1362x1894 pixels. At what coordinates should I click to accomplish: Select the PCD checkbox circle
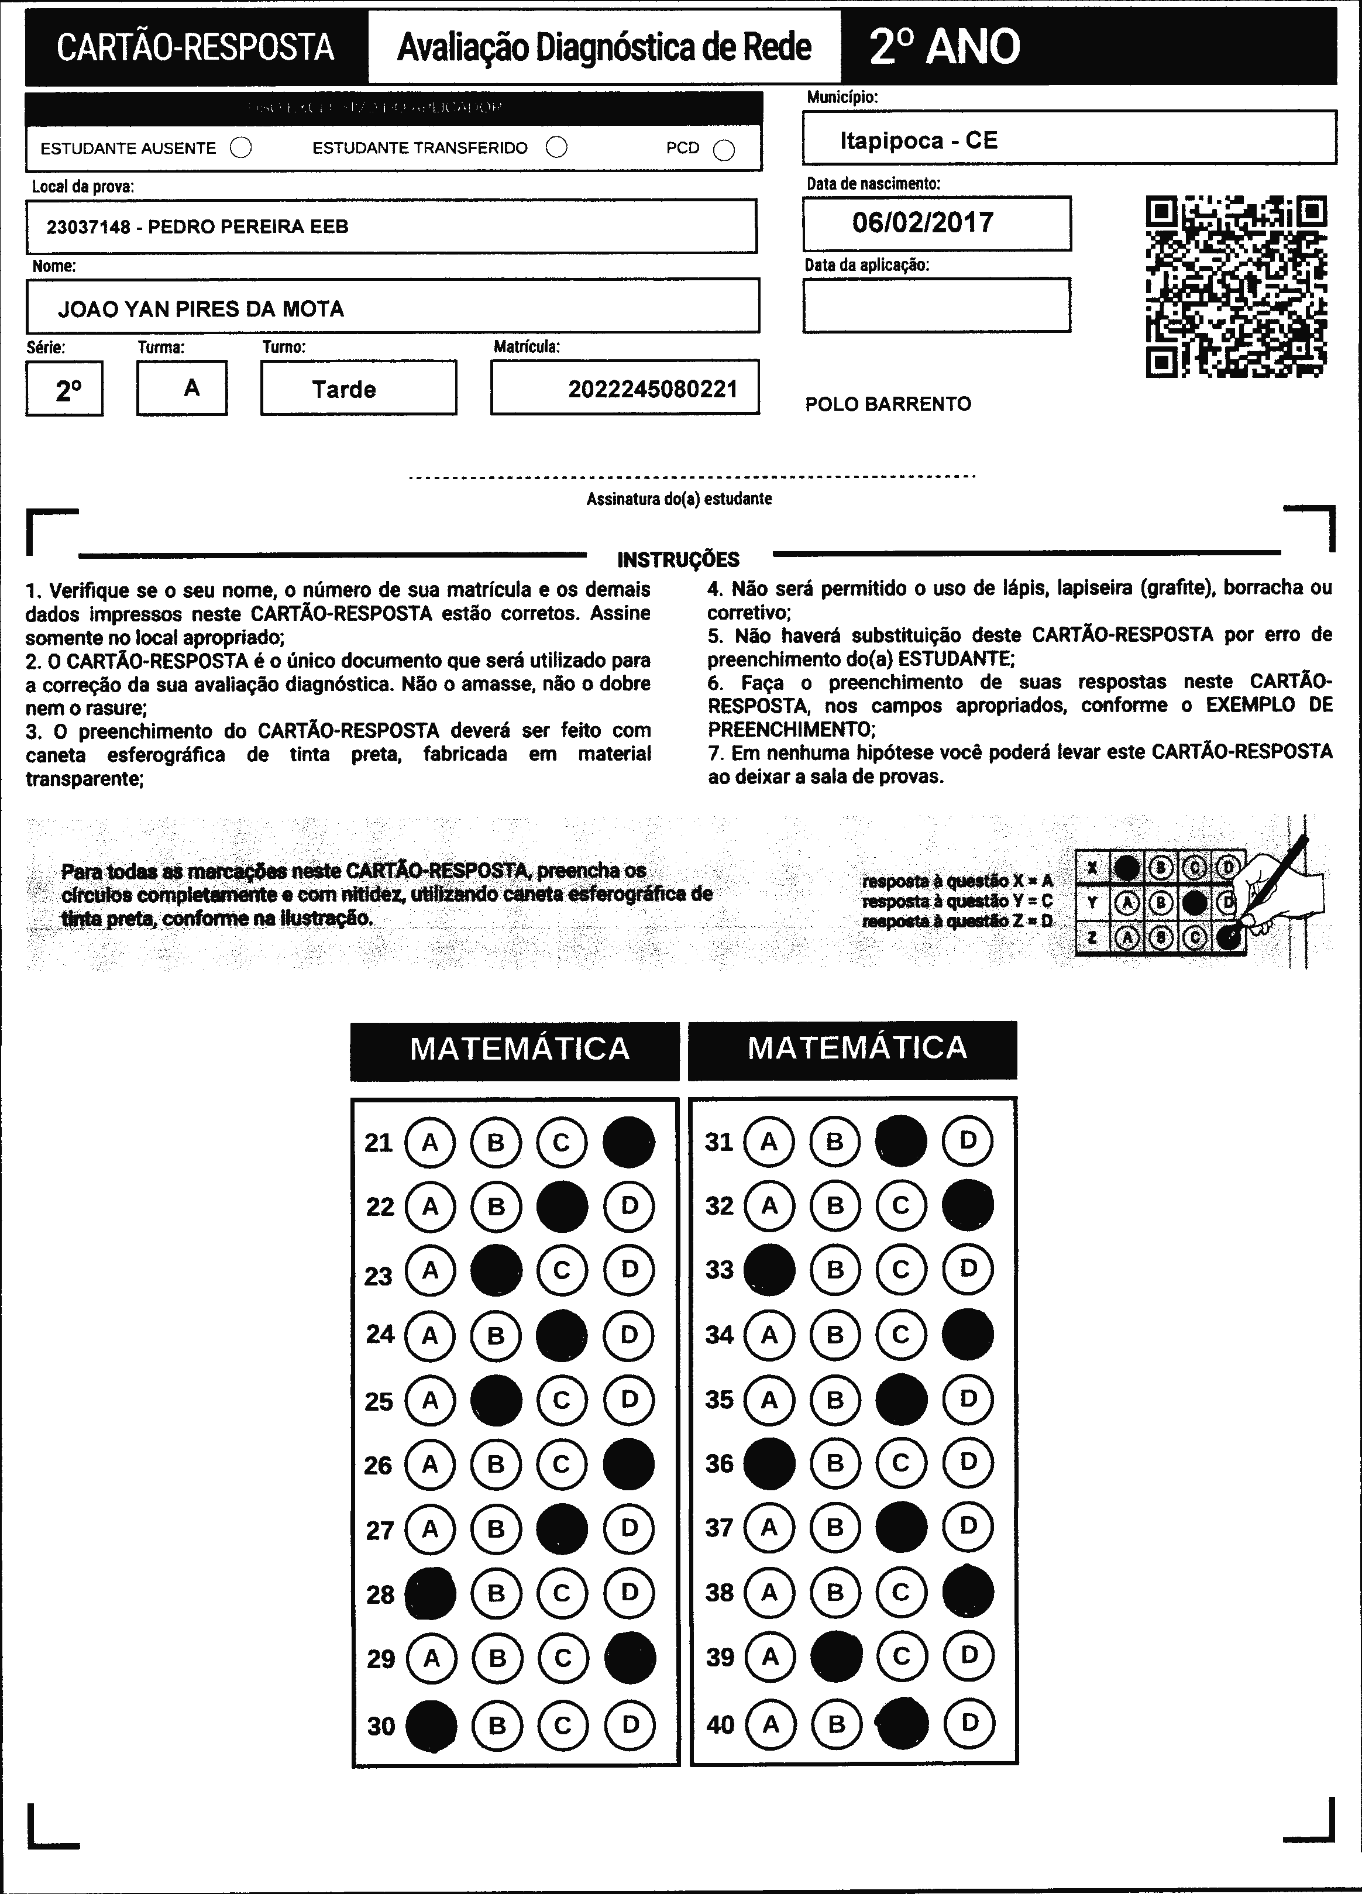click(724, 149)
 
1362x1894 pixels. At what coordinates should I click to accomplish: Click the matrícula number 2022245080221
click(652, 389)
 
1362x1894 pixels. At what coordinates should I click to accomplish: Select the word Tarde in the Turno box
click(344, 389)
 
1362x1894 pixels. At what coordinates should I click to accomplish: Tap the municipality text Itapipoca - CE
click(919, 140)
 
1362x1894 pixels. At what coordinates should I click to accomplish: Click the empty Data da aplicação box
click(936, 305)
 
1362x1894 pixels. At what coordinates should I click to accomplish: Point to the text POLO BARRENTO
click(888, 404)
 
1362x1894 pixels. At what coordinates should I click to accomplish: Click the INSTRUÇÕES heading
click(678, 559)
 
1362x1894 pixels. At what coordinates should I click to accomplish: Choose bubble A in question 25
click(430, 1400)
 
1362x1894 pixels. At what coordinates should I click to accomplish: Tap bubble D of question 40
click(969, 1722)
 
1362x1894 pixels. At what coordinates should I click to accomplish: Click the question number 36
click(719, 1464)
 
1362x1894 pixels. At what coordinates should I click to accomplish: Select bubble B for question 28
click(496, 1593)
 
